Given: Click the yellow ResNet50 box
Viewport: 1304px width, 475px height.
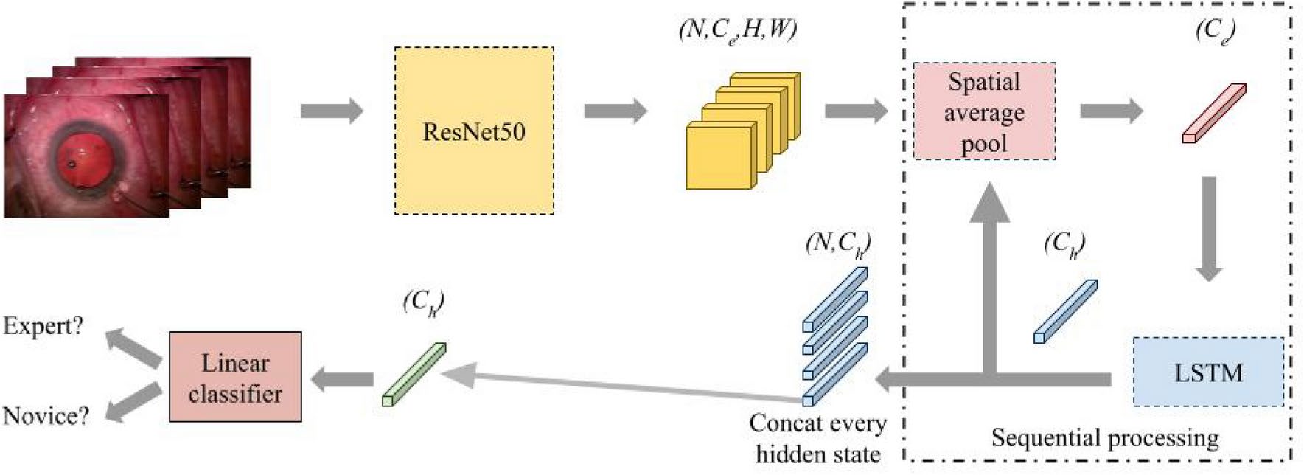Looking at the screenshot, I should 474,131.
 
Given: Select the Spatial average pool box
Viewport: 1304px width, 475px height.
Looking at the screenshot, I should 984,111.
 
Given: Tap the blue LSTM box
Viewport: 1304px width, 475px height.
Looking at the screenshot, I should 1208,372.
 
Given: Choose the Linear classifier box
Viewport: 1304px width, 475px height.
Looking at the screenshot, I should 235,377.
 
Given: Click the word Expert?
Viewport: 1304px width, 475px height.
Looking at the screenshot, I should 43,325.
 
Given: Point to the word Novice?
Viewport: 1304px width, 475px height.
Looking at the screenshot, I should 46,416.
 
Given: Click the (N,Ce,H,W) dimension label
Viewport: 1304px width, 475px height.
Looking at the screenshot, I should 738,31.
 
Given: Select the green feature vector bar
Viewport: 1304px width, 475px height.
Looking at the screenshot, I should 414,374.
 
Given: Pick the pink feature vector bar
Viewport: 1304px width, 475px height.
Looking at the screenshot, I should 1214,113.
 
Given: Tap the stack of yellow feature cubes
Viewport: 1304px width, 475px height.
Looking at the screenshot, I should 741,131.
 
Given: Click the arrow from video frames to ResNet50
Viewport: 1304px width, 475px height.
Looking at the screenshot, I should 332,111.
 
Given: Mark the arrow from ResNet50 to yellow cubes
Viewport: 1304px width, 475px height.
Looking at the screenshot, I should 616,111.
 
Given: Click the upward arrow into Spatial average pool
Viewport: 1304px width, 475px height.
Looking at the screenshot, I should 990,280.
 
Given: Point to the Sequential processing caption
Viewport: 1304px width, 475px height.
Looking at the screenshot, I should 1104,438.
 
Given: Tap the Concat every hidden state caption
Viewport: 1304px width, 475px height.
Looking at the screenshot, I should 817,438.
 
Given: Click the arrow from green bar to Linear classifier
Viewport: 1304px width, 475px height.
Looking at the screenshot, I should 342,380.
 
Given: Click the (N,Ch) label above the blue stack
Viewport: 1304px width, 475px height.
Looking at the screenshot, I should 838,243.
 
